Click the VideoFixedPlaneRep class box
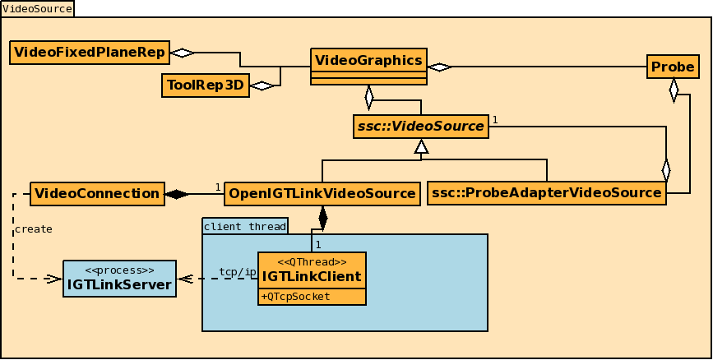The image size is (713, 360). point(89,53)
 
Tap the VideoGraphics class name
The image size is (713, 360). point(369,60)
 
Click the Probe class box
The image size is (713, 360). point(673,67)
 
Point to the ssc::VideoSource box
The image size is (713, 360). point(420,126)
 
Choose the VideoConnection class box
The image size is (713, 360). point(97,194)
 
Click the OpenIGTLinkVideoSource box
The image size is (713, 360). point(322,194)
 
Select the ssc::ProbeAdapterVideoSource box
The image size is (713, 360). point(547,193)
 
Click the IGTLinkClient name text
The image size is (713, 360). point(312,276)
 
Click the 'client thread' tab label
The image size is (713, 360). point(245,225)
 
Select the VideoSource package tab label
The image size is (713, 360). point(37,8)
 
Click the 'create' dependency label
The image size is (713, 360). point(34,229)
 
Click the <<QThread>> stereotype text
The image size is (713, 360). point(312,261)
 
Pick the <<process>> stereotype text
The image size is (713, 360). point(120,270)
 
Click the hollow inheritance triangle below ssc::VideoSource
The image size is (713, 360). point(421,147)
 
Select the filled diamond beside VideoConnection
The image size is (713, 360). point(176,194)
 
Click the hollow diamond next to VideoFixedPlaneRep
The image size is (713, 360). point(182,53)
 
